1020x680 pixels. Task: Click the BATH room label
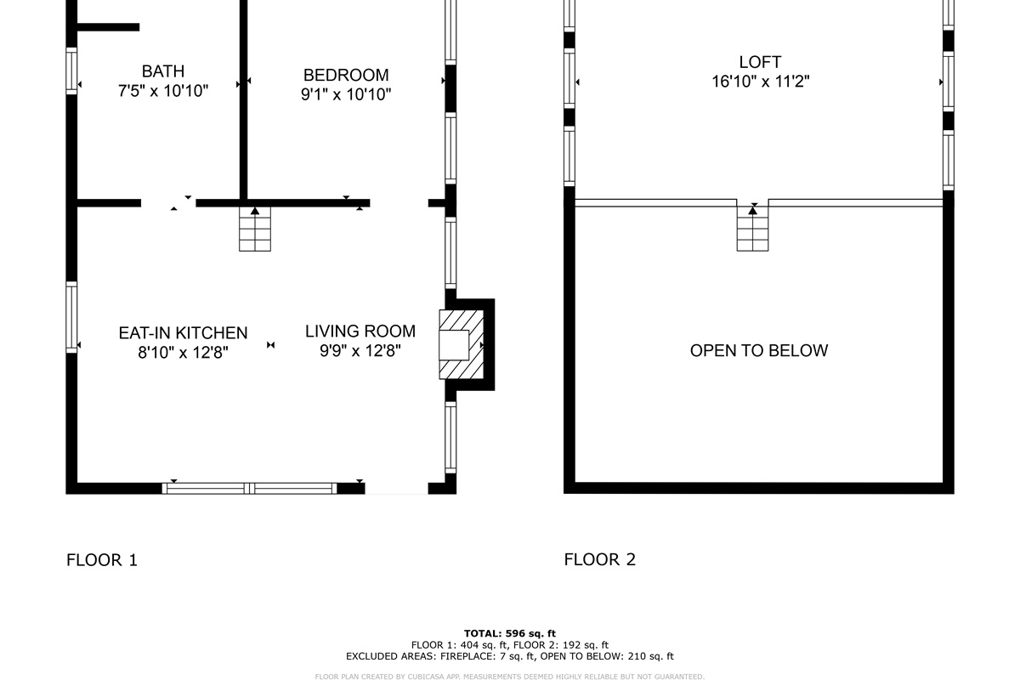163,71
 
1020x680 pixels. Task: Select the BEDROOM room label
346,75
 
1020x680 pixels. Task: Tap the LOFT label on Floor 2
760,62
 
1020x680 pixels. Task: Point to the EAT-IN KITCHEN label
183,333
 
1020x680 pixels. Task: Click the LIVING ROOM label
360,331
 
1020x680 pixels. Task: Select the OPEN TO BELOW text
758,350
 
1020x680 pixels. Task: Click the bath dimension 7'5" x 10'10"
163,91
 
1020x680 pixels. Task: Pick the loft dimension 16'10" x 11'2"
761,82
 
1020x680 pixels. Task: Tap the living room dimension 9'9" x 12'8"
360,351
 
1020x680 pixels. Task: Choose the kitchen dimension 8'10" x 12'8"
183,353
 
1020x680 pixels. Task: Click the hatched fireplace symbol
461,344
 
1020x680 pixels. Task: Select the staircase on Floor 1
255,229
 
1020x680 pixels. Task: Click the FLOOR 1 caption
102,560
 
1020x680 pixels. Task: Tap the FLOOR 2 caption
600,559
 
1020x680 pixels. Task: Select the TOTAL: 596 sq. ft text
509,633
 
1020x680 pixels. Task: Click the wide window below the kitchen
250,489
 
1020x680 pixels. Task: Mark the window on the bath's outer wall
71,71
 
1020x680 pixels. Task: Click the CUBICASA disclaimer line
509,677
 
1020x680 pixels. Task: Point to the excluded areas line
509,656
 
